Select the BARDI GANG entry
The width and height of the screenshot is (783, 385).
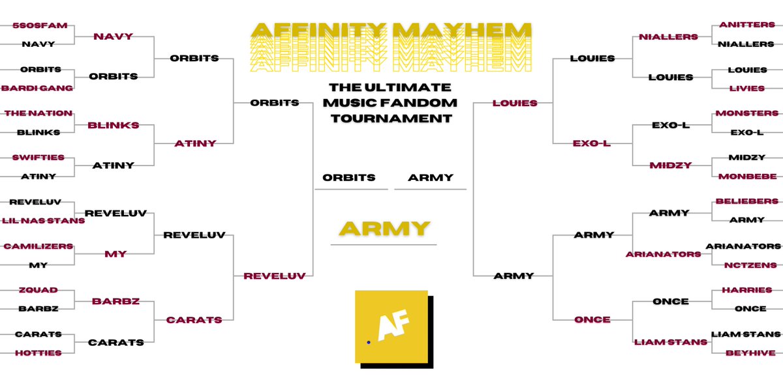[37, 88]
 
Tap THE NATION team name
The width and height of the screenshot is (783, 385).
[38, 113]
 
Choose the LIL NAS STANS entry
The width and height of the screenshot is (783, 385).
[42, 221]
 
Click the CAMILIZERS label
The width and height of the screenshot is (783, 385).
[38, 246]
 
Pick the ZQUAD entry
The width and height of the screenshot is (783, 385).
[38, 290]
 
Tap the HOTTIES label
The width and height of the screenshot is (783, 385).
[38, 353]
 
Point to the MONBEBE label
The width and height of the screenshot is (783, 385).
[748, 177]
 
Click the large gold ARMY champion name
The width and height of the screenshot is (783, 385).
[384, 229]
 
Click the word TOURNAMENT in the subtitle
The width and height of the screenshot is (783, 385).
[390, 119]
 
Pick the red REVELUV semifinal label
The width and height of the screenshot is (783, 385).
[274, 276]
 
